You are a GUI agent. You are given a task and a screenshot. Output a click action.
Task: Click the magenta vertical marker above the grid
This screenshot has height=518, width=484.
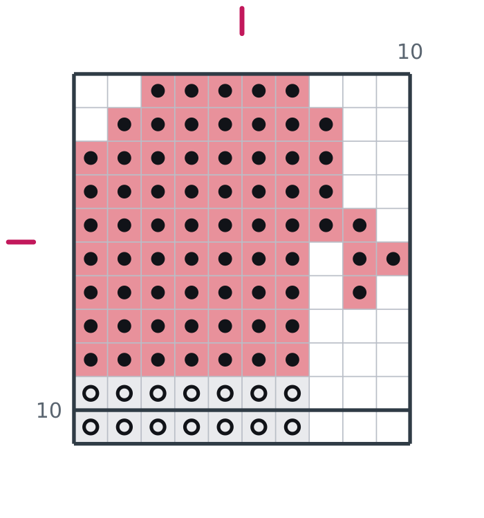242,21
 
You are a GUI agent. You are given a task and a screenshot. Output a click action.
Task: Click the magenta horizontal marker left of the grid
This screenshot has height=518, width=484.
21,242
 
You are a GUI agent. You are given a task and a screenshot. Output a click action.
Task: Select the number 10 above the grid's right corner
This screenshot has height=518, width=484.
409,52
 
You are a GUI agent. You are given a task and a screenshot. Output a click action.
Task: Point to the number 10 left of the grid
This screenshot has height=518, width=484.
49,411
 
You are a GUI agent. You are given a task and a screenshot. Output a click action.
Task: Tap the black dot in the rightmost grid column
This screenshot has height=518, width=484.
393,259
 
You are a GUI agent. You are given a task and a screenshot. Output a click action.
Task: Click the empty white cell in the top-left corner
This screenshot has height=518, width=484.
91,91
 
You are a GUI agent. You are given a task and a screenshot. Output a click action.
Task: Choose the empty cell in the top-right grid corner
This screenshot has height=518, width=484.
393,91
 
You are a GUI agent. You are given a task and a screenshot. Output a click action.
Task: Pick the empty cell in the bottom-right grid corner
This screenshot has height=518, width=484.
393,427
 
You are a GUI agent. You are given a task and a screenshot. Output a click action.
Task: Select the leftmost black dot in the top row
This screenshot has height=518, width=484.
158,91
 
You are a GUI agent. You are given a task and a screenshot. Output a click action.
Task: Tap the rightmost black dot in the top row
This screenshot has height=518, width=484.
292,91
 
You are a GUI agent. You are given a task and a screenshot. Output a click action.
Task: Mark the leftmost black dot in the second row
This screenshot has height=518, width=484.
124,124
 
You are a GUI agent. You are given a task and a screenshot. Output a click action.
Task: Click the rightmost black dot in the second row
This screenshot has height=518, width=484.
326,124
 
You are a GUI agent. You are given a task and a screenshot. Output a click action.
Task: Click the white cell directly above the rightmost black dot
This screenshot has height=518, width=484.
393,225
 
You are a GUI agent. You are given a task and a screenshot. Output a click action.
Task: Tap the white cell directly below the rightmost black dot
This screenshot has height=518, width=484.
393,293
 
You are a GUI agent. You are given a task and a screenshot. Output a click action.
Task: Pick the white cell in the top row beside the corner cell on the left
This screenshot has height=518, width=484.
124,91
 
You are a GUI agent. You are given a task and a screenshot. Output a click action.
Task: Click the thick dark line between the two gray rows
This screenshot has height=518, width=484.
242,410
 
